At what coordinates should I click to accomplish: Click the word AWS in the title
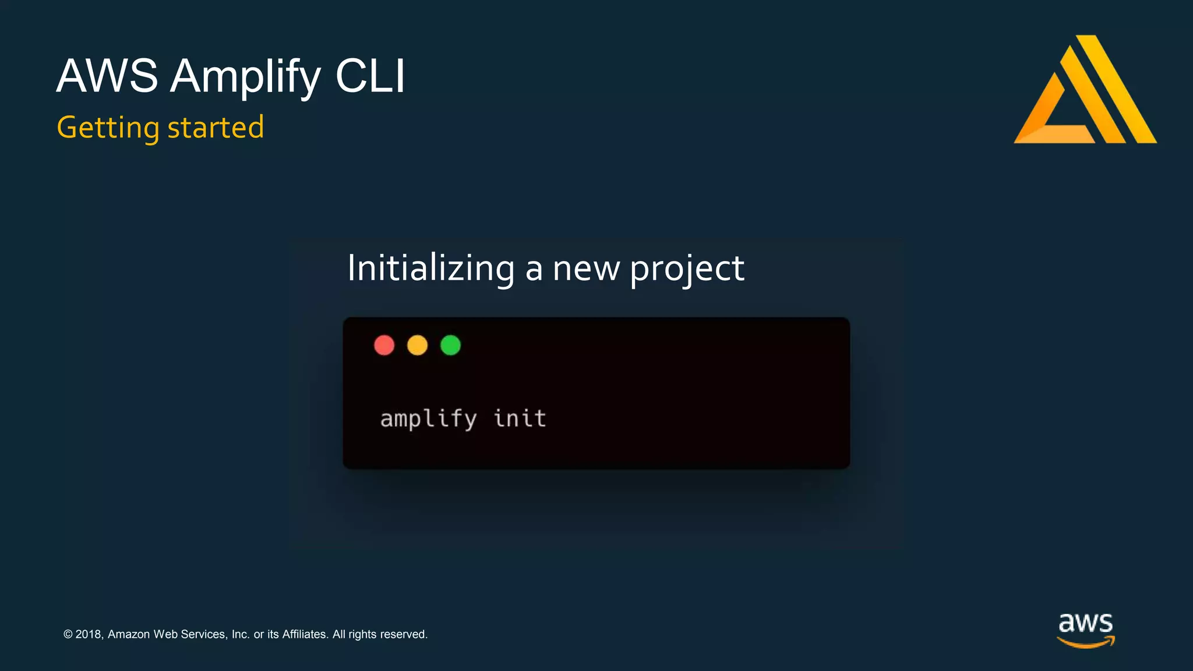click(107, 76)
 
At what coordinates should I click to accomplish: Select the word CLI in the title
click(370, 76)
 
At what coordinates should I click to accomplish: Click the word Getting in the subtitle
click(108, 128)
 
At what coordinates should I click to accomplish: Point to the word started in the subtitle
click(216, 128)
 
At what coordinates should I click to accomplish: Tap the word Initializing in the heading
click(430, 269)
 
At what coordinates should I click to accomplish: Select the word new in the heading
click(586, 270)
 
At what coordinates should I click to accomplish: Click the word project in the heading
click(687, 270)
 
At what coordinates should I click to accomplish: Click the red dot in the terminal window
click(384, 345)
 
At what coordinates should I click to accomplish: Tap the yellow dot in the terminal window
click(417, 345)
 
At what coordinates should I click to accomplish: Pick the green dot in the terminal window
click(450, 345)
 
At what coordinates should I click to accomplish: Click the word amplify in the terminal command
click(428, 419)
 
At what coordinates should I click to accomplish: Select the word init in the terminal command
click(520, 418)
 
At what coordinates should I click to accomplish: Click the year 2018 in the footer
click(89, 634)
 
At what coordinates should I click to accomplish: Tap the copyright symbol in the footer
click(68, 634)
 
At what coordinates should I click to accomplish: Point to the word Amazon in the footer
click(129, 634)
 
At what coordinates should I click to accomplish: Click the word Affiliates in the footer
click(305, 634)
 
